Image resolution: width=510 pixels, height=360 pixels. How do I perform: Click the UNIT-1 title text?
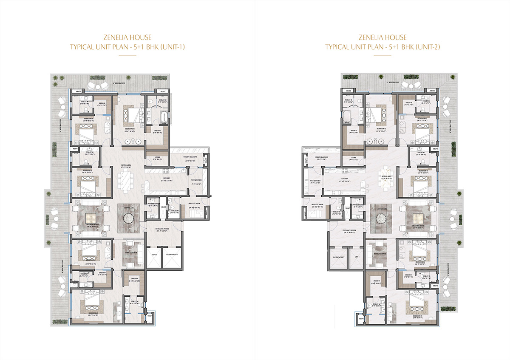pyautogui.click(x=127, y=47)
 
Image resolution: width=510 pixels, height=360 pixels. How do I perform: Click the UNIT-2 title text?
pyautogui.click(x=382, y=47)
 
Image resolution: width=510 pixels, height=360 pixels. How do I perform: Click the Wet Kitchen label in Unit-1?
pyautogui.click(x=196, y=180)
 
